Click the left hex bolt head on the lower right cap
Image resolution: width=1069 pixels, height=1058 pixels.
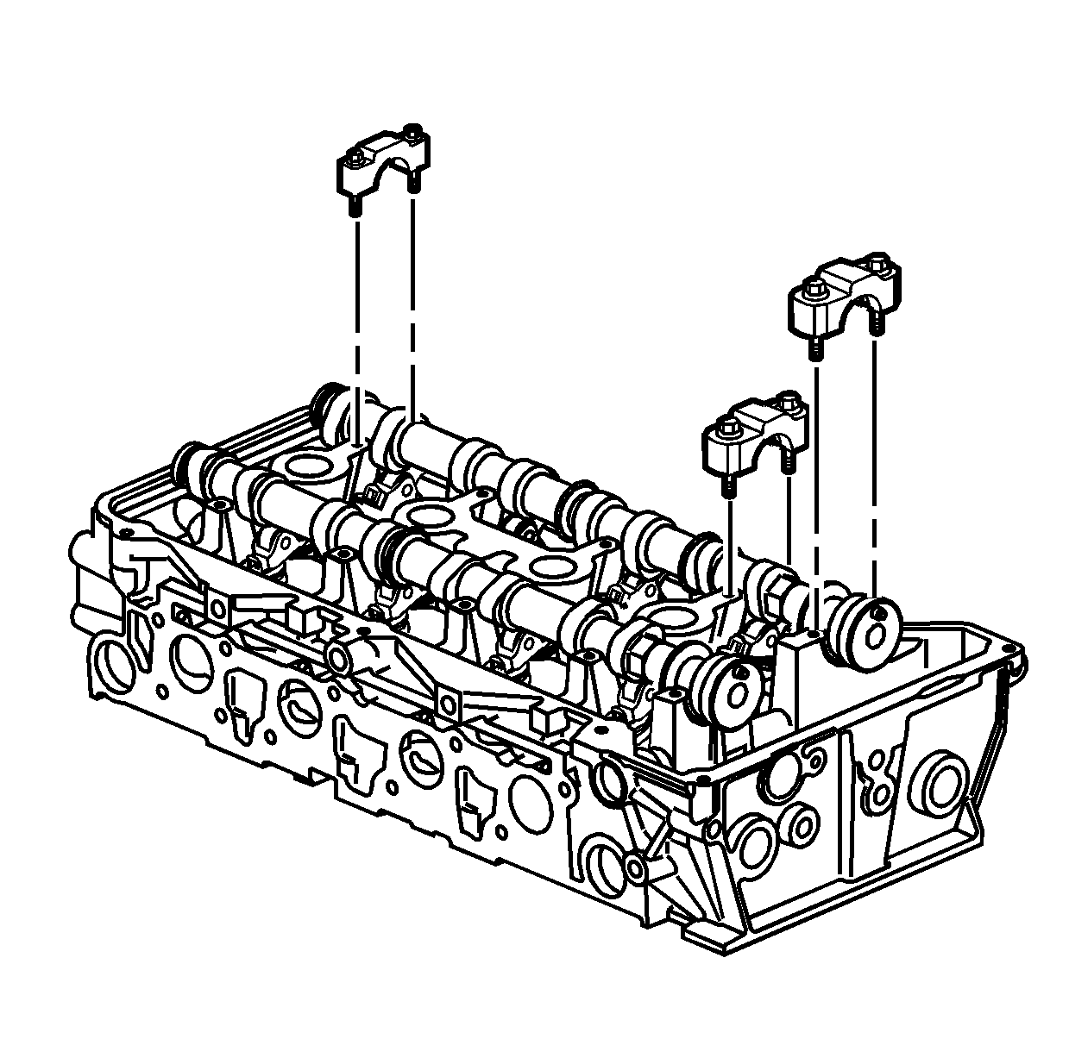click(x=727, y=427)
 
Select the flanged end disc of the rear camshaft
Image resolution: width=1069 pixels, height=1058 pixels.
click(x=866, y=635)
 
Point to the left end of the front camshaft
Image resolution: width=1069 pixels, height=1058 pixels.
click(x=189, y=470)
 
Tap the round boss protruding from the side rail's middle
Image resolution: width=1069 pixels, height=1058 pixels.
click(x=339, y=659)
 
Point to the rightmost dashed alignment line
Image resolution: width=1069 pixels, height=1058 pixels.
click(x=875, y=466)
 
